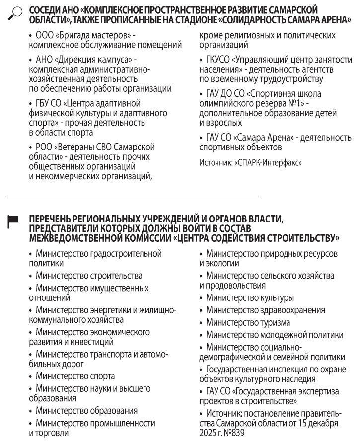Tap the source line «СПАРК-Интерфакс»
pos(251,162)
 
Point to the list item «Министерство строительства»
pos(89,276)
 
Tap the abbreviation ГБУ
pos(44,103)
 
